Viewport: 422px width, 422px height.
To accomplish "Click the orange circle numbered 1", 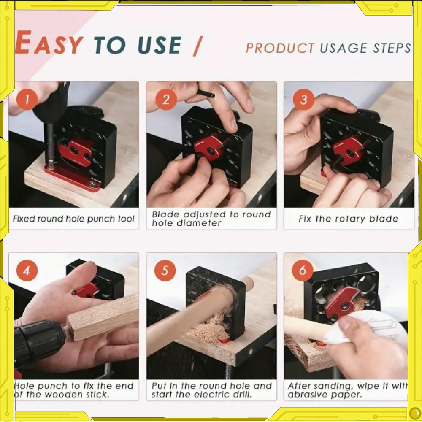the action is coord(27,99).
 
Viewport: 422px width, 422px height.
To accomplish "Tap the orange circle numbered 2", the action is coord(166,99).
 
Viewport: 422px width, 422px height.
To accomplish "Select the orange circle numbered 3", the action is coord(303,99).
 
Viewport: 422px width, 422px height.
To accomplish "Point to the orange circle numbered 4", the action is coord(27,270).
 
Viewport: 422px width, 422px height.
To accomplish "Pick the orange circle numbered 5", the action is coord(165,270).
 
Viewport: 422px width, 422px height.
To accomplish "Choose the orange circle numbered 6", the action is coord(303,270).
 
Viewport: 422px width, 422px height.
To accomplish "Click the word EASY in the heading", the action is coord(49,43).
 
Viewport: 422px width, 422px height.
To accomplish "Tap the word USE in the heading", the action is coord(160,45).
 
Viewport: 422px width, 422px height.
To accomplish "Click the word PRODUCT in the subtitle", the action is coord(280,48).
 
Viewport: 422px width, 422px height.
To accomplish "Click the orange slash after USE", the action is coord(197,46).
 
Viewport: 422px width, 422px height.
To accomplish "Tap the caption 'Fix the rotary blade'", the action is coord(348,219).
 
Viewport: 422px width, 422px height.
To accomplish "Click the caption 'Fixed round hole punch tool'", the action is coord(73,219).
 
